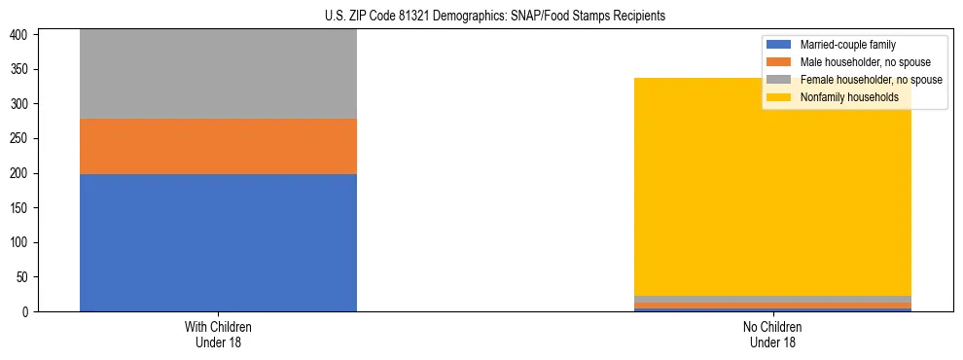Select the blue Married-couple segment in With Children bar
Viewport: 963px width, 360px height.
(x=218, y=242)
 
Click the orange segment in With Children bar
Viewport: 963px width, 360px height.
(x=218, y=146)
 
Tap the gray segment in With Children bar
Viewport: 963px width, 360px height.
(x=218, y=74)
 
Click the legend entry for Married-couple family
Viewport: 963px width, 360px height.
(x=847, y=45)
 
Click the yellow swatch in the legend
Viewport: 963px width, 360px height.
(x=779, y=97)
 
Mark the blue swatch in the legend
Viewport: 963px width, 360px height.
(x=779, y=45)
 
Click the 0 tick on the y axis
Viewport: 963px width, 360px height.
(x=29, y=311)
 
